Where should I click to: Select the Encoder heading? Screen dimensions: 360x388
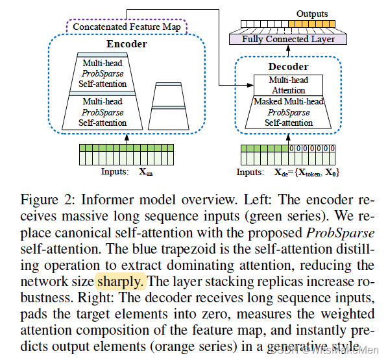pyautogui.click(x=127, y=44)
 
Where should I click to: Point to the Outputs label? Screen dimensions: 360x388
pyautogui.click(x=312, y=14)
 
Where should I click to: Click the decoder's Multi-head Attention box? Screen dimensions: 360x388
pyautogui.click(x=289, y=84)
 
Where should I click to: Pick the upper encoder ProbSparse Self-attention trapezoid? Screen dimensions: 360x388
pyautogui.click(x=104, y=73)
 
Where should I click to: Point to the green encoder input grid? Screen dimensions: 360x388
pyautogui.click(x=127, y=155)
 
